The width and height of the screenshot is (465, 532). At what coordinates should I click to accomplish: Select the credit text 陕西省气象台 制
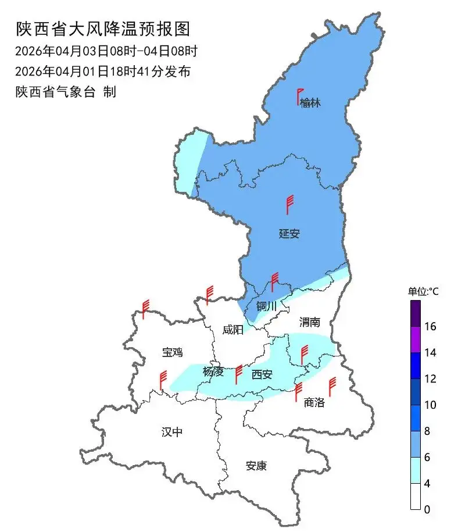click(66, 92)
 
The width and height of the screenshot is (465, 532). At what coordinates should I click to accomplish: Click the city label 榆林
click(310, 103)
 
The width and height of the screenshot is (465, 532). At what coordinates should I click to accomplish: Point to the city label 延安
click(289, 234)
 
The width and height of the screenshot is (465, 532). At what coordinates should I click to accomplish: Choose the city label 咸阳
click(233, 330)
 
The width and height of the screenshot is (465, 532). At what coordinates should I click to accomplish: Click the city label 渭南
click(310, 322)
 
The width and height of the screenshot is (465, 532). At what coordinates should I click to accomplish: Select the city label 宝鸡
click(172, 352)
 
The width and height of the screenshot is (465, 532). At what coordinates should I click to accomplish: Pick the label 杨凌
click(213, 372)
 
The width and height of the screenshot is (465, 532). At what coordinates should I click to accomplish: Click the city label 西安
click(262, 374)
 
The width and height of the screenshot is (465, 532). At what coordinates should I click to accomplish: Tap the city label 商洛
click(314, 402)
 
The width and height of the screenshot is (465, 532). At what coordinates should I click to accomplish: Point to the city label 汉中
click(172, 431)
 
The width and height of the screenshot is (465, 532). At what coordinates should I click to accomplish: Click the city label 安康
click(256, 466)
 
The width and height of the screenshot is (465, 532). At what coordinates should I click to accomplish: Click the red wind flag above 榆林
click(300, 96)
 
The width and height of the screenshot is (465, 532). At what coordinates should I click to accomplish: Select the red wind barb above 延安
click(289, 205)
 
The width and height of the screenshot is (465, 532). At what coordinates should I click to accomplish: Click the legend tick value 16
click(430, 327)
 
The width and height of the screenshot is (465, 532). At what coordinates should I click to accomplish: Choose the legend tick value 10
click(430, 405)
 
